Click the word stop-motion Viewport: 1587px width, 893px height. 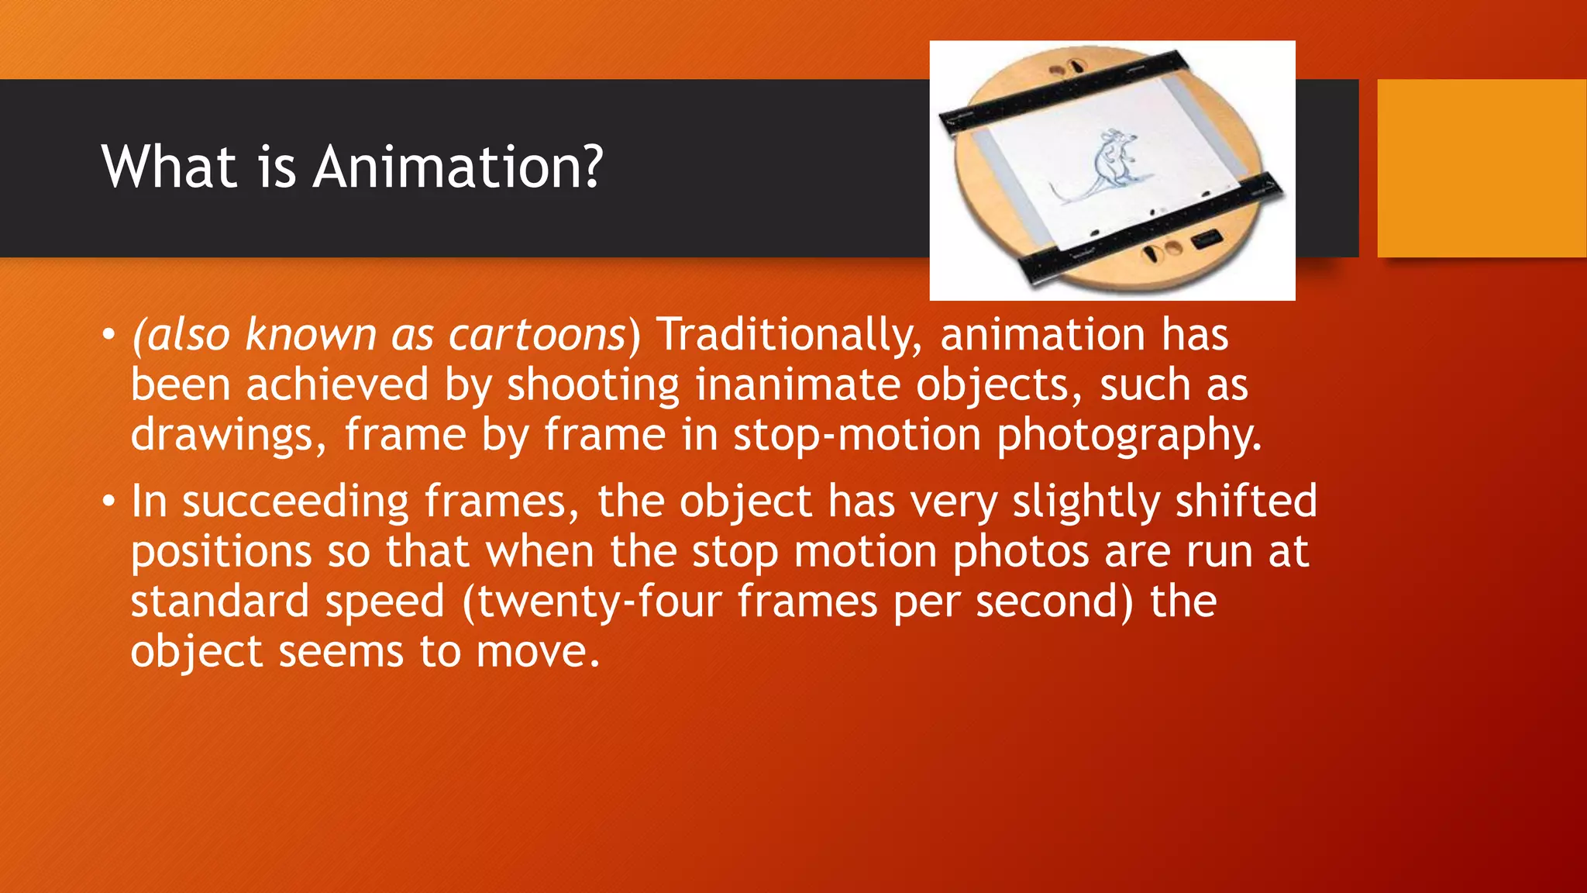click(857, 435)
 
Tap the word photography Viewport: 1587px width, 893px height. click(1129, 435)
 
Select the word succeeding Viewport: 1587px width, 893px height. click(295, 502)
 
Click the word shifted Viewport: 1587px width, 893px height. click(1246, 502)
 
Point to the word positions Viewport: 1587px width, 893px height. click(221, 552)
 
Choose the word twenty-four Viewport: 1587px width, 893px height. click(599, 602)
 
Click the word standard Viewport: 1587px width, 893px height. click(219, 602)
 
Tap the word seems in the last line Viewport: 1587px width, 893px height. click(341, 652)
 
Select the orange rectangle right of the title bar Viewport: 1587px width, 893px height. click(1482, 168)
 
